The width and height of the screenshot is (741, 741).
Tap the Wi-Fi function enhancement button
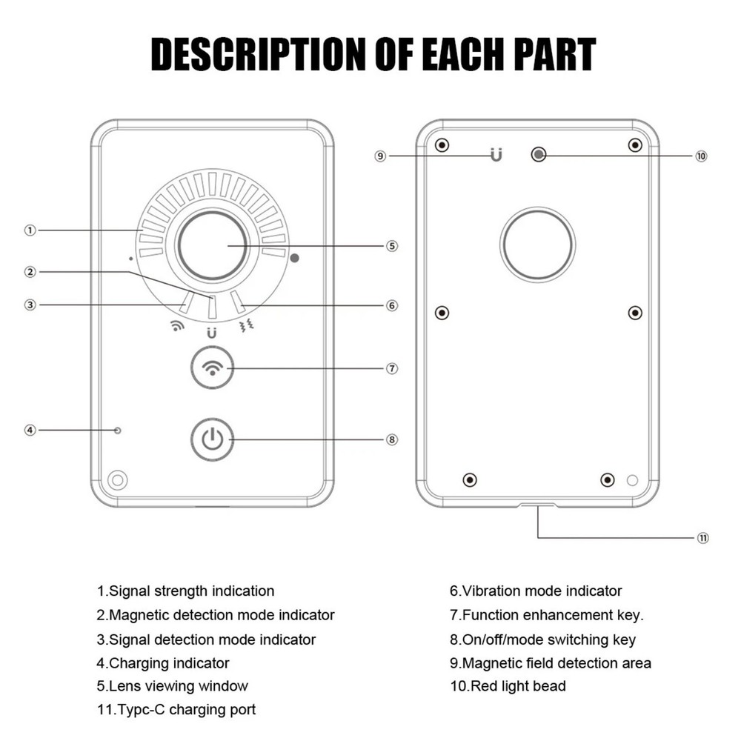[213, 368]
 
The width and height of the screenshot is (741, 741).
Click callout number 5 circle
[392, 246]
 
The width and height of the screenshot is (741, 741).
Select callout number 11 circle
[702, 538]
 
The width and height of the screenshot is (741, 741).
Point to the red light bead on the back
[539, 154]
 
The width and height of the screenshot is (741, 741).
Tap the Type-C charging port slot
[537, 505]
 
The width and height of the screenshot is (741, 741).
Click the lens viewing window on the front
[212, 245]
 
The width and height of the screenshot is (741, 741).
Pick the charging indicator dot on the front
[117, 430]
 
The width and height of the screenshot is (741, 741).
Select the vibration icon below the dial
[247, 325]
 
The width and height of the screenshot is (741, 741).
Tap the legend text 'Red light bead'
[508, 686]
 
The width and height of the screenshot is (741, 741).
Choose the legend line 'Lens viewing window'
[173, 686]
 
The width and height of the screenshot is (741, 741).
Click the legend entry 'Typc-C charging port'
[176, 710]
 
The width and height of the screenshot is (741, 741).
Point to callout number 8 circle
[392, 439]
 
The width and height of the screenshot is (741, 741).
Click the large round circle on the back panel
[537, 245]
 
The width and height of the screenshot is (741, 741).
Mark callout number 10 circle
[701, 156]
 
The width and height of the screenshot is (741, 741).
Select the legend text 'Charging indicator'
[163, 662]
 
